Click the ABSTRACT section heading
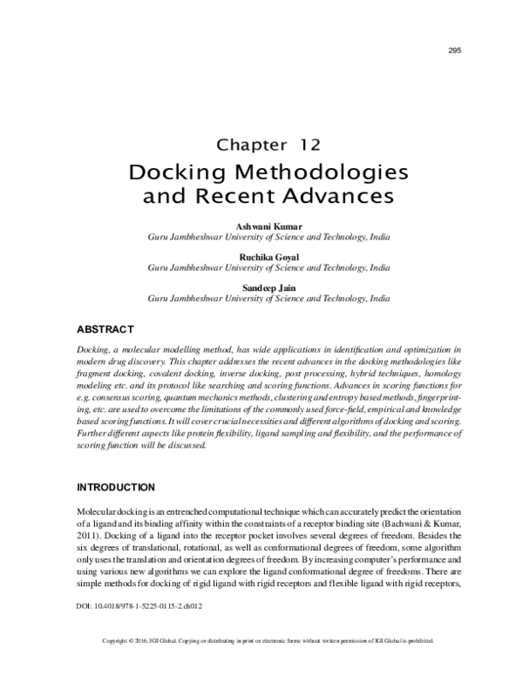[x=105, y=329]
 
